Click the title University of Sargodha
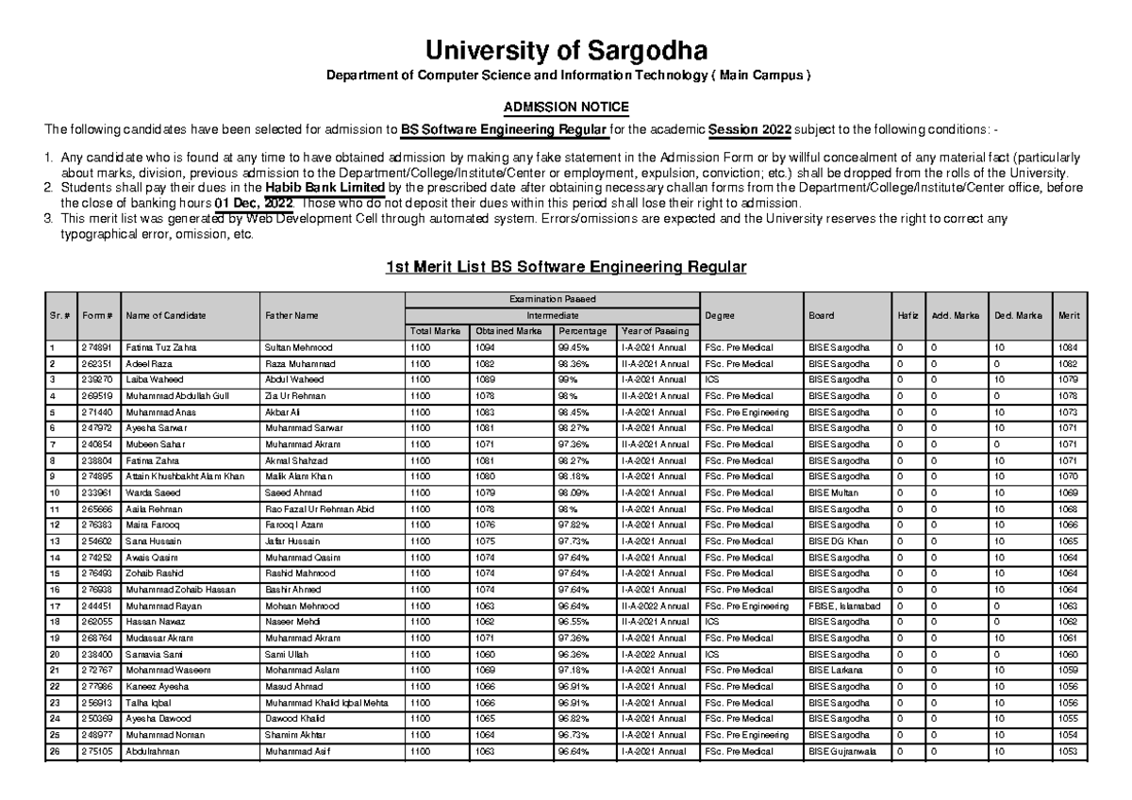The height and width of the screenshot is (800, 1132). coord(566,49)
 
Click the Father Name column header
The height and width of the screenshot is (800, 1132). coord(292,315)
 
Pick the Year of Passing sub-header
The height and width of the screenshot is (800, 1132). coord(655,331)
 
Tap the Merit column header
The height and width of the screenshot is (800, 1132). coord(1070,315)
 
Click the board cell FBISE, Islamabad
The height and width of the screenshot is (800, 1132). coord(844,606)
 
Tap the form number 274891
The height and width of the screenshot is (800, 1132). coord(96,347)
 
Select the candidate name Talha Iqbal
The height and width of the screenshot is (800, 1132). coord(145,703)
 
